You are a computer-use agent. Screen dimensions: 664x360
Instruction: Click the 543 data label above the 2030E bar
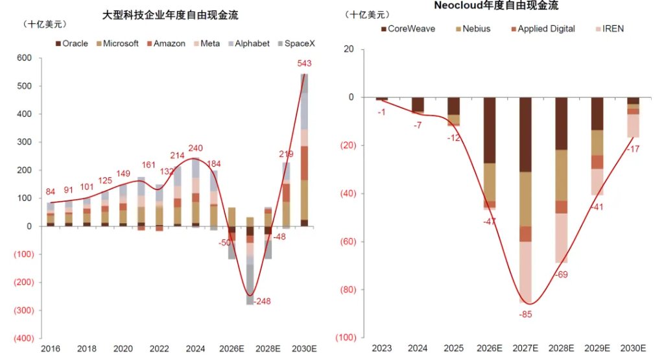click(304, 64)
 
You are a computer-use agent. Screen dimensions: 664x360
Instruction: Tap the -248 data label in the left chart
click(262, 301)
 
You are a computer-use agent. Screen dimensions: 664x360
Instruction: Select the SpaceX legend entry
click(296, 43)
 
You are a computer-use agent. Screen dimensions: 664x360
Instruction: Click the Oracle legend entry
click(71, 43)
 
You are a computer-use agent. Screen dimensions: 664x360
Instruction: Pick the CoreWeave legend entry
click(409, 29)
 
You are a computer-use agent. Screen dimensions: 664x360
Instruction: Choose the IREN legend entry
click(610, 29)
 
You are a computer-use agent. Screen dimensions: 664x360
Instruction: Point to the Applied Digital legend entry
click(543, 29)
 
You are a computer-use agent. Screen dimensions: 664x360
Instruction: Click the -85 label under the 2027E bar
click(525, 315)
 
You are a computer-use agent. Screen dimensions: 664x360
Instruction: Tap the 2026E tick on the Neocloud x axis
click(490, 348)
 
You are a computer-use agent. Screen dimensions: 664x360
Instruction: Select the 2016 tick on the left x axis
click(51, 348)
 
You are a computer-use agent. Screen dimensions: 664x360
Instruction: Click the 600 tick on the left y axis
click(25, 58)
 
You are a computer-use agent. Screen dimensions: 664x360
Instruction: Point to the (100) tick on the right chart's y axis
click(346, 337)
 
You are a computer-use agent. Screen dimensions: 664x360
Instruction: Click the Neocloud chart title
click(496, 5)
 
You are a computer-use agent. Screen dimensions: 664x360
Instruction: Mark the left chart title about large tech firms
click(171, 16)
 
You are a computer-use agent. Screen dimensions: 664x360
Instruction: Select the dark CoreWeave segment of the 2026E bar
click(490, 130)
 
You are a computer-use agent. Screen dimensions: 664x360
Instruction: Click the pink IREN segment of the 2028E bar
click(562, 238)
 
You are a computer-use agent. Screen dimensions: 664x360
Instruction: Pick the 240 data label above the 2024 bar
click(195, 149)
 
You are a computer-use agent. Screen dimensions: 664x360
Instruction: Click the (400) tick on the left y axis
click(24, 339)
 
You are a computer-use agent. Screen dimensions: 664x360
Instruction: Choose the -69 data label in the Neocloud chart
click(562, 275)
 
